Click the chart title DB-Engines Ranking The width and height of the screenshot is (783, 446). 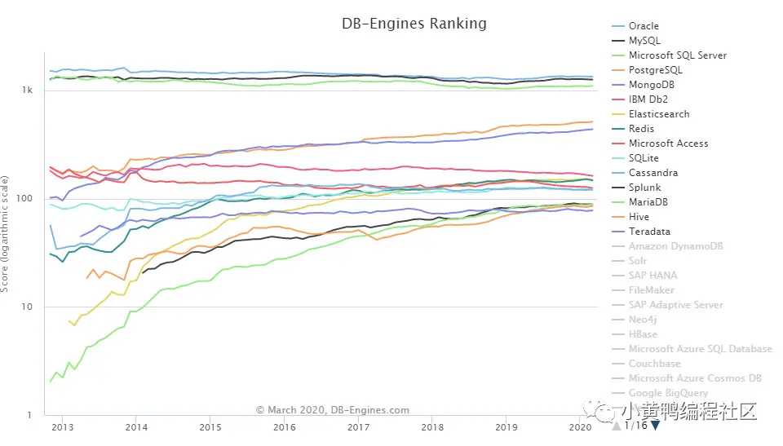[414, 24]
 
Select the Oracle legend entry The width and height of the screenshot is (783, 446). [644, 26]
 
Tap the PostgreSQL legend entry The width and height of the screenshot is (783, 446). [656, 70]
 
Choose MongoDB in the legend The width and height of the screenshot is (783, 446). [651, 85]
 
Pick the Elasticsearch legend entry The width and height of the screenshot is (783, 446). [658, 114]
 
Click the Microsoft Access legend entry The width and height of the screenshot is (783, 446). [668, 144]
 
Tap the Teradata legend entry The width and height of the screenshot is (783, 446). [649, 232]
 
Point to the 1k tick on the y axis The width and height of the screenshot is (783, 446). [27, 90]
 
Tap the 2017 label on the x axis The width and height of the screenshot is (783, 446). [357, 427]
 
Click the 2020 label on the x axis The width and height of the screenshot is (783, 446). [578, 427]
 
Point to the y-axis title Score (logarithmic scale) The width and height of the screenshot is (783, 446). [7, 232]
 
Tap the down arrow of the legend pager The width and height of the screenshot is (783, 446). [654, 426]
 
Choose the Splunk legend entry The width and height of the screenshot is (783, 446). [644, 188]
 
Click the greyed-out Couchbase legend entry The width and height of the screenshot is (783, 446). [655, 364]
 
